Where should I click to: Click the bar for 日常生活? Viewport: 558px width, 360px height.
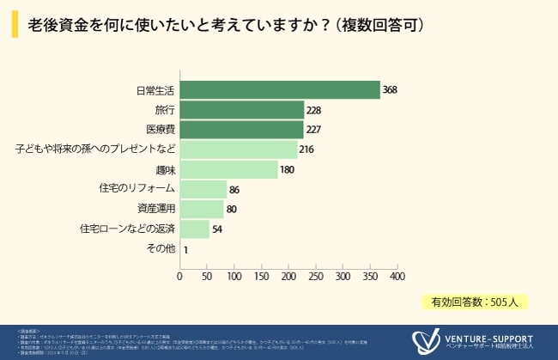pos(280,90)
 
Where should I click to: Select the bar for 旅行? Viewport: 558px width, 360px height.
pos(241,110)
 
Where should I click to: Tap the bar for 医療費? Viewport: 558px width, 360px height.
pos(241,130)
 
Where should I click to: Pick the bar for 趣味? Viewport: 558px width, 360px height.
pos(228,169)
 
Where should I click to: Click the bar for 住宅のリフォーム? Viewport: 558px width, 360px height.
pos(203,189)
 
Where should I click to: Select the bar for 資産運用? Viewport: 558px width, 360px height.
pos(201,209)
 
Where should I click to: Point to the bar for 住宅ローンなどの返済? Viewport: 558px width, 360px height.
pos(194,229)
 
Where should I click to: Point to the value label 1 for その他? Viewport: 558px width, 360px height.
pos(186,249)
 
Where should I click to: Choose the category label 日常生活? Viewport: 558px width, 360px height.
pos(155,90)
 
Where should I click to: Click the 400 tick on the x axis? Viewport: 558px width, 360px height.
pos(397,277)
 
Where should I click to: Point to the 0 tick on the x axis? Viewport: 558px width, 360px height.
pos(179,277)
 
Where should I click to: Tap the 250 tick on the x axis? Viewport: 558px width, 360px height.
pos(316,277)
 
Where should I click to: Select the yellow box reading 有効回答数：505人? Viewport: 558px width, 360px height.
pos(473,302)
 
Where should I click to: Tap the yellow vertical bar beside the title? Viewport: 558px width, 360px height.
pos(15,25)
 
